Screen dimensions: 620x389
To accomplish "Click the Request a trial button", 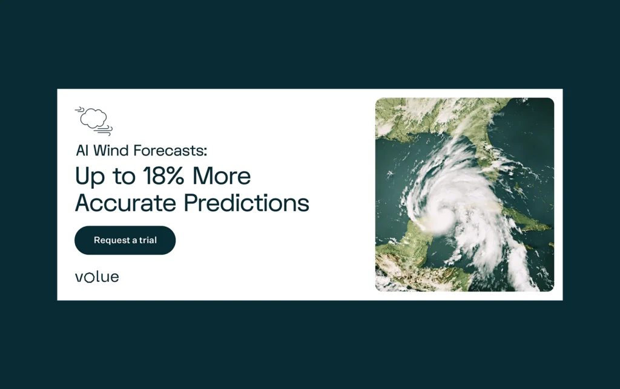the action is click(125, 240).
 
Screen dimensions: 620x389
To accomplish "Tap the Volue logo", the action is click(97, 277).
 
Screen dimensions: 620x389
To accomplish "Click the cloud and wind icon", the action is click(94, 121).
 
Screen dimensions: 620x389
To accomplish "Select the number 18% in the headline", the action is click(163, 175).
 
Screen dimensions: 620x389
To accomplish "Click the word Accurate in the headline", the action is click(126, 203).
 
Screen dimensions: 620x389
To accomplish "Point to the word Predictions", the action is click(247, 203).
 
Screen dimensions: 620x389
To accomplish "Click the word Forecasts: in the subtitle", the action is click(170, 151).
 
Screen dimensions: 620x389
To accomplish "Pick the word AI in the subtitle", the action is click(82, 151).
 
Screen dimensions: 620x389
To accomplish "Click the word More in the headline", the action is click(222, 175).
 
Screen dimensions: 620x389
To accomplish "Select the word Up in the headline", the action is click(90, 177).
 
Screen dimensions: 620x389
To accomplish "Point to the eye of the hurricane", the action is click(445, 214).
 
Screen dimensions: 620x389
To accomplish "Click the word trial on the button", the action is click(148, 240).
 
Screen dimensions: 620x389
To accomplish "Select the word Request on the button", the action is click(112, 241).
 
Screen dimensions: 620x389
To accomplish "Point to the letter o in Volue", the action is click(90, 278).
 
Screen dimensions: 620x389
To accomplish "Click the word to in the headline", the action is click(124, 177).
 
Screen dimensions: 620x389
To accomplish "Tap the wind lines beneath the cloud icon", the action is click(104, 130).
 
